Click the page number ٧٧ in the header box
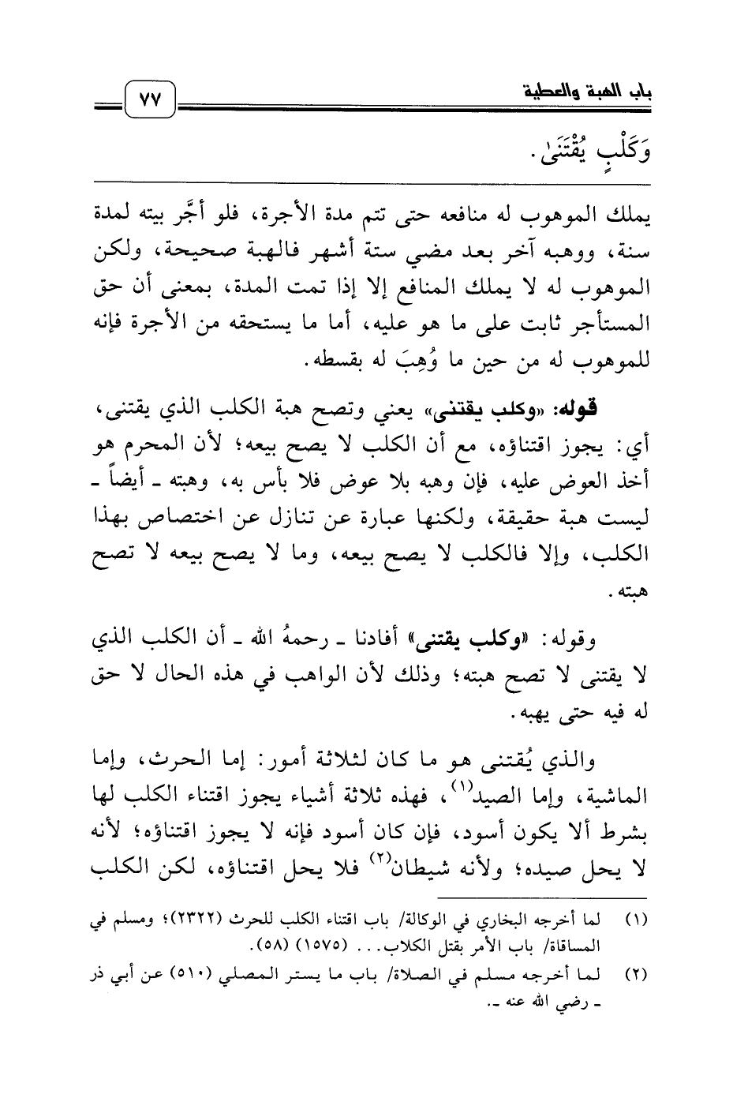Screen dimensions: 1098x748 coord(149,102)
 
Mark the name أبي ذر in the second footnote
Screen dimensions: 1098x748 coord(113,976)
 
